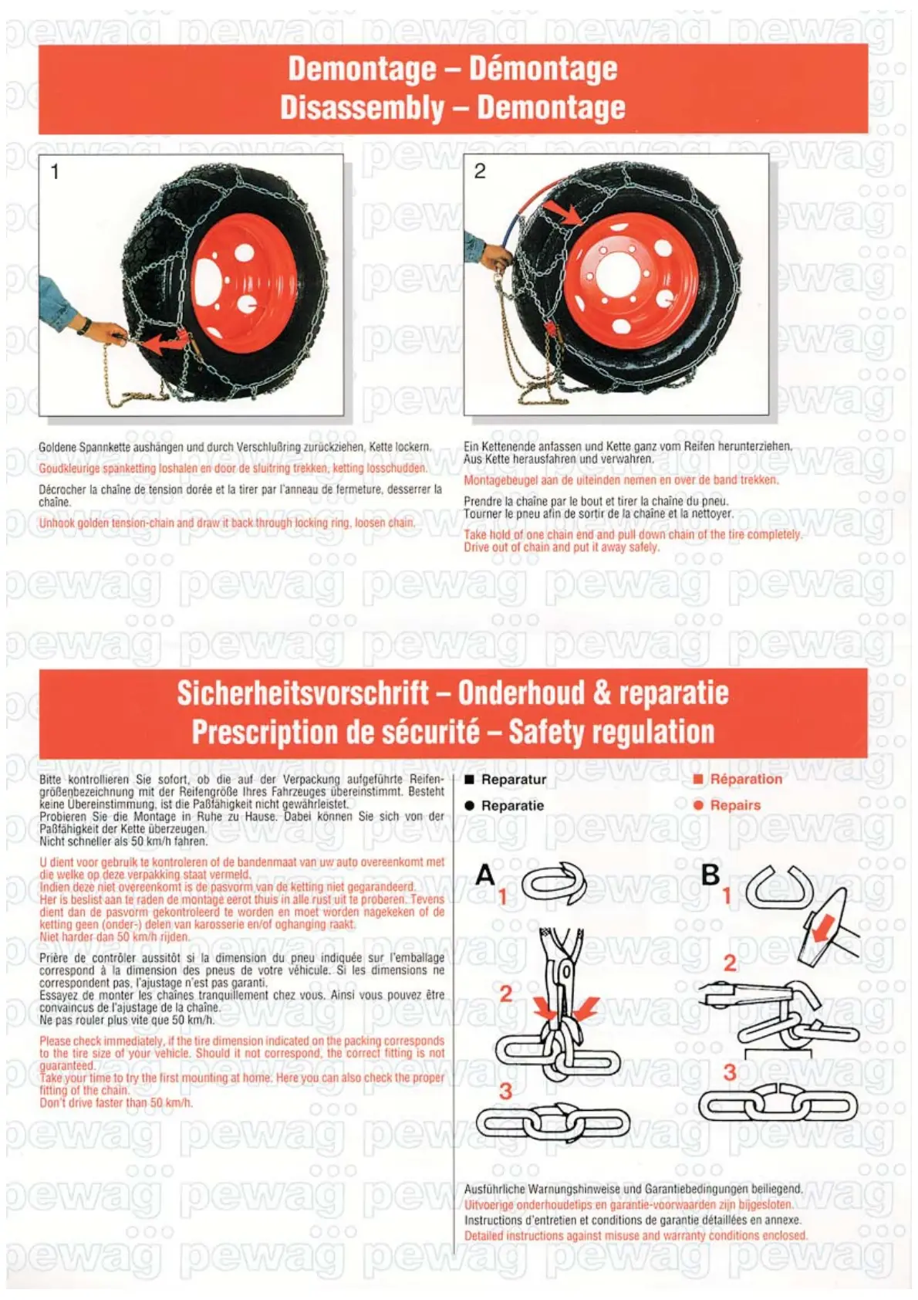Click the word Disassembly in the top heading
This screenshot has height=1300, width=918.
tap(362, 107)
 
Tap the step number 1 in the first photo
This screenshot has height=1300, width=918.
tap(55, 171)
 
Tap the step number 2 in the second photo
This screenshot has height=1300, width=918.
tap(480, 171)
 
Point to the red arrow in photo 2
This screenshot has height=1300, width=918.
tap(564, 212)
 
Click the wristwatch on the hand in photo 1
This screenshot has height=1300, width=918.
tap(83, 326)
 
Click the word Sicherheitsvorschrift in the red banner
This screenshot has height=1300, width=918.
tap(302, 692)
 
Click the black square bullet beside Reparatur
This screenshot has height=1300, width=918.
tap(469, 780)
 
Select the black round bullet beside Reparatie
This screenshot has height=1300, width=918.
tap(469, 805)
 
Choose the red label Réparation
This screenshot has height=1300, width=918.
tap(746, 779)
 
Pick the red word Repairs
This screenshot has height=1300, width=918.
tap(735, 805)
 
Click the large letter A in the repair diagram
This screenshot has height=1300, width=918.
tap(485, 875)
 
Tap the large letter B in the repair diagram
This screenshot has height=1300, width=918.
tap(710, 875)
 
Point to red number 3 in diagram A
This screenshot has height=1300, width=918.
tap(505, 1091)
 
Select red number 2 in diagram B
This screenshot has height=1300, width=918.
tap(730, 963)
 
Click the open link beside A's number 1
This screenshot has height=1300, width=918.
tap(554, 885)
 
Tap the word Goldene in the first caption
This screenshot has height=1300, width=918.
tap(58, 447)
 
